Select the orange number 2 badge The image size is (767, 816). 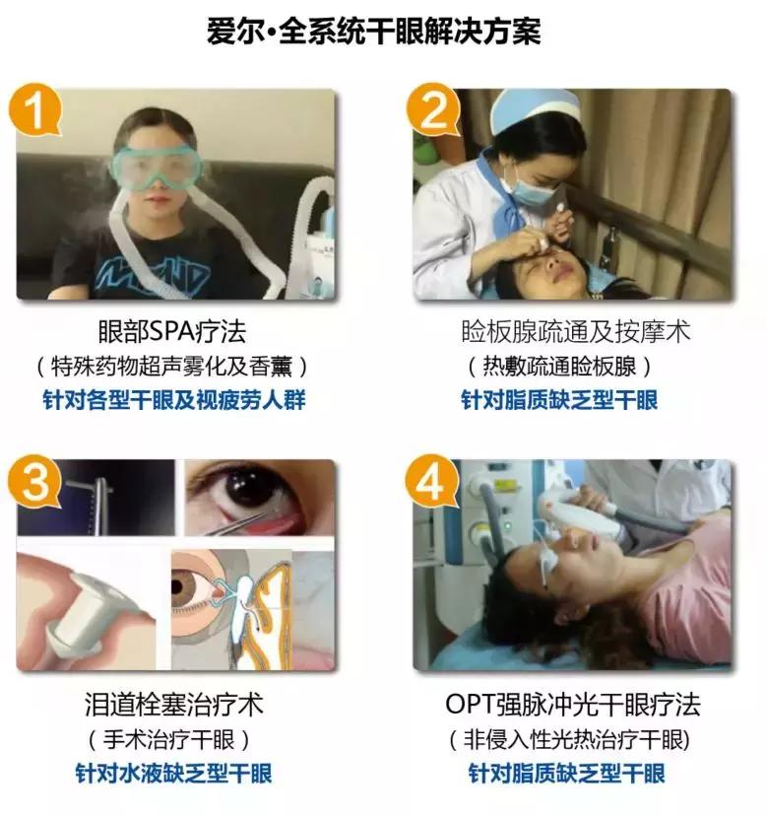pyautogui.click(x=434, y=110)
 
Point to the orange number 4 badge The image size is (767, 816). pyautogui.click(x=434, y=482)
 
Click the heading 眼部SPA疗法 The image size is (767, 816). pyautogui.click(x=177, y=331)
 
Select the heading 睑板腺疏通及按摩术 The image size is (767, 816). pyautogui.click(x=574, y=331)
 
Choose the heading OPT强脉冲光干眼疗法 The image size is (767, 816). pyautogui.click(x=573, y=706)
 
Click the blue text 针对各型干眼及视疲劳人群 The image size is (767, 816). pyautogui.click(x=177, y=401)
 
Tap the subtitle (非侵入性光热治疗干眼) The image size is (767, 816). pyautogui.click(x=573, y=740)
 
